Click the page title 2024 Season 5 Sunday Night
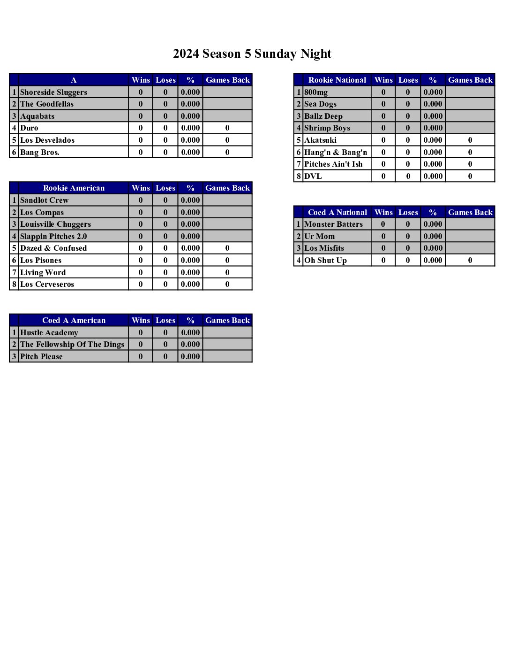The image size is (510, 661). click(252, 54)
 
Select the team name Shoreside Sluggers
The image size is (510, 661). click(53, 92)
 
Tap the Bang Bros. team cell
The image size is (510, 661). click(40, 152)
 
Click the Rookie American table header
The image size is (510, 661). click(74, 188)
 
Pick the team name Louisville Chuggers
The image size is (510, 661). click(55, 224)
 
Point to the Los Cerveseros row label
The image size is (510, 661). click(47, 284)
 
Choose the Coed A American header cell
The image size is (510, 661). click(74, 320)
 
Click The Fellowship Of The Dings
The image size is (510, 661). click(72, 344)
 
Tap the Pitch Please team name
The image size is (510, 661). click(41, 356)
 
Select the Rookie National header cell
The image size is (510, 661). click(337, 80)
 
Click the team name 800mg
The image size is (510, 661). click(316, 92)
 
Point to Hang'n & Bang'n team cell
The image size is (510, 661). click(336, 152)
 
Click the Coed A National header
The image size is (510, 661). click(337, 212)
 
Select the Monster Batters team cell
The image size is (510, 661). click(333, 224)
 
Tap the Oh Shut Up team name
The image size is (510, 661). click(325, 260)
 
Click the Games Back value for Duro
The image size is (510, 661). click(227, 128)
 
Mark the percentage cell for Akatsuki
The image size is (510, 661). click(433, 140)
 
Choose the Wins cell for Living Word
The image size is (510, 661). click(141, 272)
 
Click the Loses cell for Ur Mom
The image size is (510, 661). click(408, 236)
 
